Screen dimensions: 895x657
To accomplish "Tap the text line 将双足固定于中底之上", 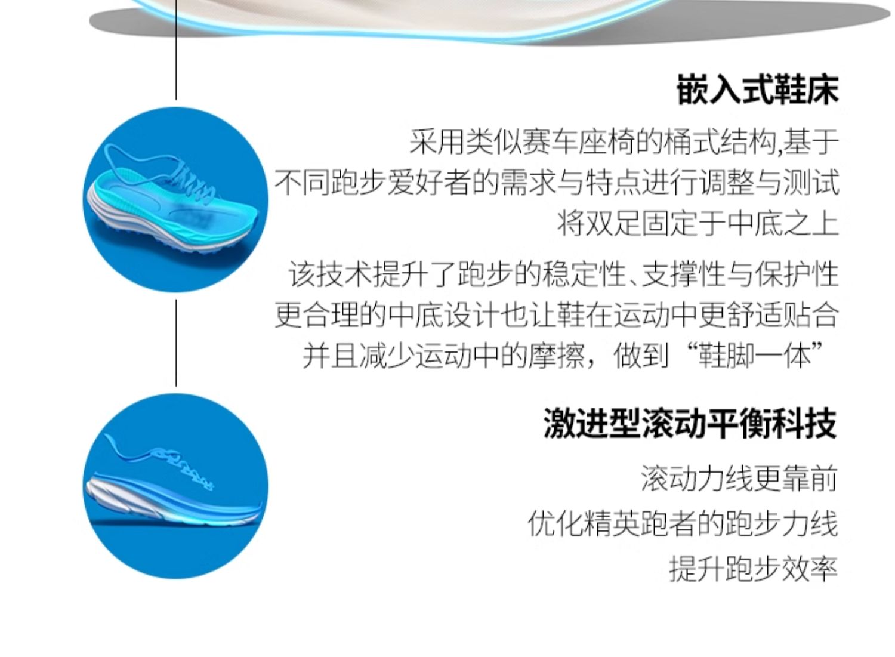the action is [698, 224].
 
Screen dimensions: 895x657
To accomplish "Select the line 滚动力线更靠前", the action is [739, 479].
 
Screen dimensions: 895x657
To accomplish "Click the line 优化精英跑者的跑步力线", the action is [683, 524].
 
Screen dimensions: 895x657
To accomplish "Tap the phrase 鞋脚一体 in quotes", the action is [754, 356].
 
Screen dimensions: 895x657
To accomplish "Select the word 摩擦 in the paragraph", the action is [557, 356].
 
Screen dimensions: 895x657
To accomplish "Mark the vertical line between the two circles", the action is [176, 343].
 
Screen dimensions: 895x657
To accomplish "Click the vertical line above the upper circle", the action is [176, 50].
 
